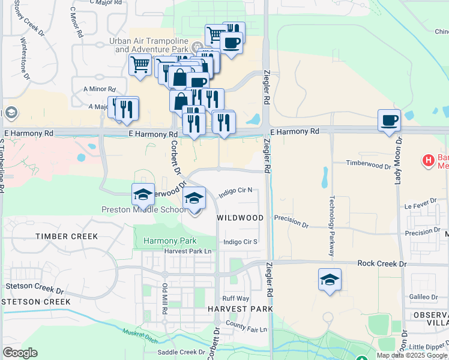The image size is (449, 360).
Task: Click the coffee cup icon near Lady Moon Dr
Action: coord(389,120)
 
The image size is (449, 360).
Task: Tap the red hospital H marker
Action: coord(428,161)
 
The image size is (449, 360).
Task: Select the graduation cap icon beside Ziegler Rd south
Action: coord(329,280)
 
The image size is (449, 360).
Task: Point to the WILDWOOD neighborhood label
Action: coord(240,217)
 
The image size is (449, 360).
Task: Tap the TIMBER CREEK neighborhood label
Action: coord(67,236)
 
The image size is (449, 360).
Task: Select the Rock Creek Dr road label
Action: coord(382,263)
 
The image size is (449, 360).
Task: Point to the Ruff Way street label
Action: coord(235,298)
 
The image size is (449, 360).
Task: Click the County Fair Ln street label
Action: coord(246,326)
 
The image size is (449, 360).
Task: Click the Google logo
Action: coord(20,353)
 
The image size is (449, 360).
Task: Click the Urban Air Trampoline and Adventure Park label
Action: coord(149,45)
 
